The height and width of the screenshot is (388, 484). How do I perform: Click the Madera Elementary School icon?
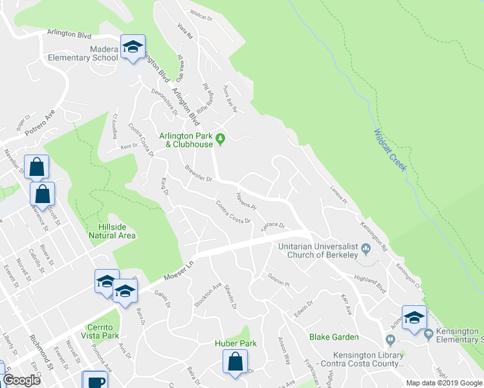coord(133,48)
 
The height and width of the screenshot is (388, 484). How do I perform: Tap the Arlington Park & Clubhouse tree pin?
coord(220,138)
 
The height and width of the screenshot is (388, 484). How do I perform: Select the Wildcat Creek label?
coord(390,150)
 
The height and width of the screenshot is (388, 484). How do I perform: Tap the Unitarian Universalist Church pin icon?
coord(366,247)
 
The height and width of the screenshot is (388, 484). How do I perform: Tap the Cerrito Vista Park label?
coord(100,331)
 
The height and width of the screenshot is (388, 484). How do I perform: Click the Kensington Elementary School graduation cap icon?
coord(414,318)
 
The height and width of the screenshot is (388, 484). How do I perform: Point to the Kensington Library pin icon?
coord(390,339)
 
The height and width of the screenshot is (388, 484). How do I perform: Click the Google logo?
coord(21,380)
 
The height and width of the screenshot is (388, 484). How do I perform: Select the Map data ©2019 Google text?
coord(444,383)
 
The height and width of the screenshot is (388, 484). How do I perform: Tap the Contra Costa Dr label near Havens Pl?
coord(233,212)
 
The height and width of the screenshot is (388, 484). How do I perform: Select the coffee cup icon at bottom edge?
coord(95,380)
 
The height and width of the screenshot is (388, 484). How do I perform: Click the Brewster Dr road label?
coord(199,174)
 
